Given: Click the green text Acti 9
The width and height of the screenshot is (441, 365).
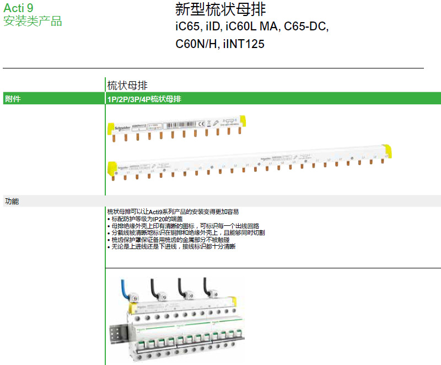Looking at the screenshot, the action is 18,9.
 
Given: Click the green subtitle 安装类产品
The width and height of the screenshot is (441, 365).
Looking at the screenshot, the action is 33,22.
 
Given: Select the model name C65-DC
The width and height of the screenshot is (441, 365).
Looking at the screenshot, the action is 306,27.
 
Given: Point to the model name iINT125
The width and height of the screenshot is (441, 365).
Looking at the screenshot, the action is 244,44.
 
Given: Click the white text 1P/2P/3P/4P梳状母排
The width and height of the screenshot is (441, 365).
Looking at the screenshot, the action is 144,99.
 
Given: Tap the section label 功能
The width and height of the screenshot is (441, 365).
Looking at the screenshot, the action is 12,202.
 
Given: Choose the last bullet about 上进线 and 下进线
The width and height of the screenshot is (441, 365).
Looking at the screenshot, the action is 171,247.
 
